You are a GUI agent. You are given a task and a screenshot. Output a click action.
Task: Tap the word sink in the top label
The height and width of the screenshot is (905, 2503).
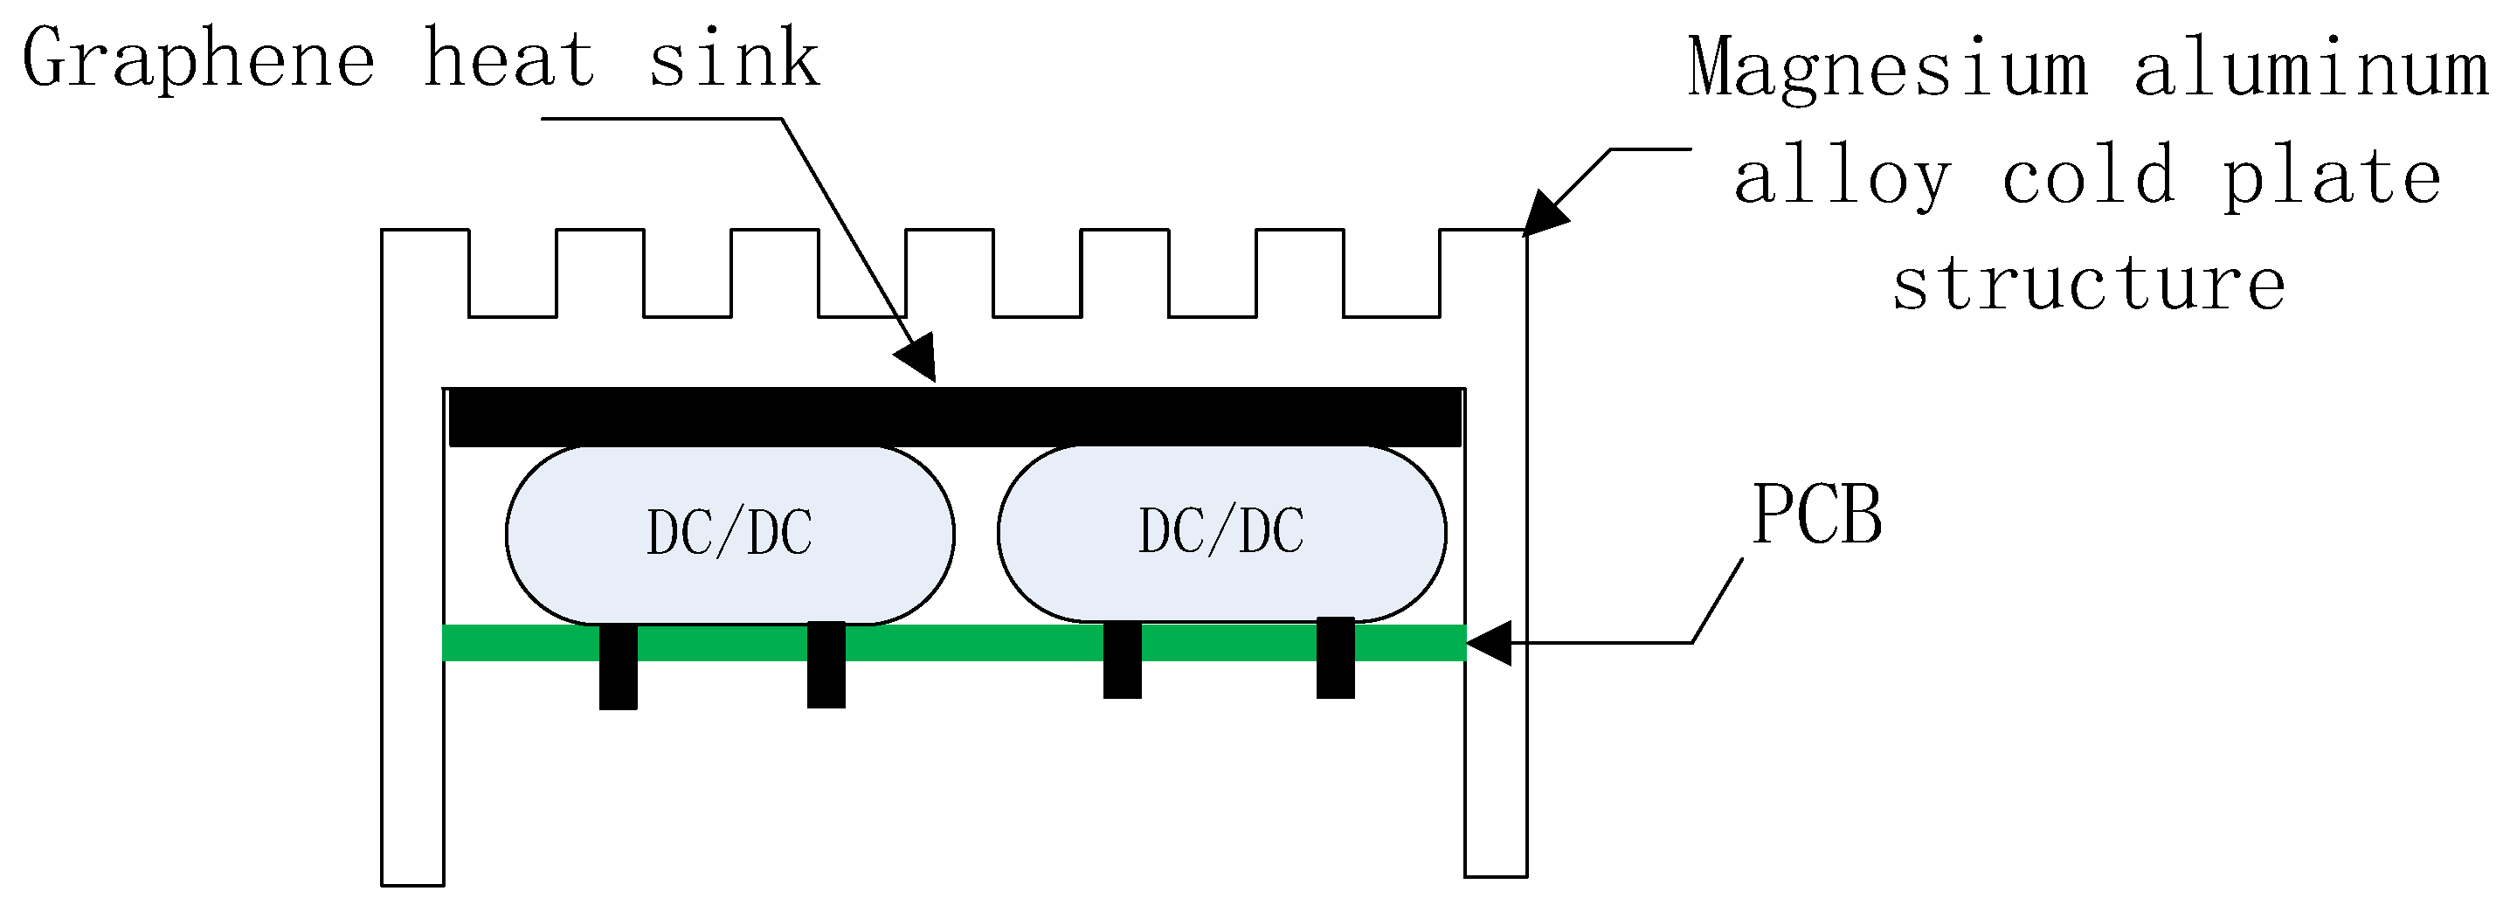[x=734, y=60]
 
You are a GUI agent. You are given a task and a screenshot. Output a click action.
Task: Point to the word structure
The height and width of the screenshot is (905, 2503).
[x=2089, y=284]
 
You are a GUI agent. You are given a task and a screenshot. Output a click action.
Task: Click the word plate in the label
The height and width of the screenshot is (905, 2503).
[x=2332, y=178]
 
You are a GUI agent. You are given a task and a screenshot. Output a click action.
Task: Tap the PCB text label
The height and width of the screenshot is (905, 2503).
[x=1817, y=515]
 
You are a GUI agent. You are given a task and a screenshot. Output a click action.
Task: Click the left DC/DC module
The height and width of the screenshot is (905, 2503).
[x=729, y=534]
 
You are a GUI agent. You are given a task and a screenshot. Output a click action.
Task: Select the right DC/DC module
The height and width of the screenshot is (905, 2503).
[x=1221, y=532]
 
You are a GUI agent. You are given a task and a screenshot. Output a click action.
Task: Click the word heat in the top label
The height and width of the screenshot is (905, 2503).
[x=509, y=60]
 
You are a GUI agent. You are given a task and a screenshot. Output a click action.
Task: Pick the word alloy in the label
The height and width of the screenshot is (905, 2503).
[x=1843, y=178]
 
